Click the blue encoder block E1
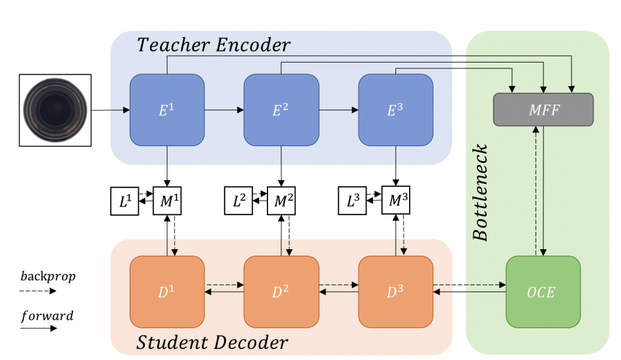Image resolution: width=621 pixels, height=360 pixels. [x=167, y=110]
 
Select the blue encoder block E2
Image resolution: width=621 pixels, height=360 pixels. [x=281, y=110]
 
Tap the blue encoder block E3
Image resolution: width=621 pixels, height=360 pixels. [x=395, y=110]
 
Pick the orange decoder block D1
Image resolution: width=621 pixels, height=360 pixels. [x=167, y=292]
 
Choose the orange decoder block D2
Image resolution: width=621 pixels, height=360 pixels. [x=281, y=292]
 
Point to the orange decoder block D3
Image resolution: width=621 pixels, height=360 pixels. [x=395, y=292]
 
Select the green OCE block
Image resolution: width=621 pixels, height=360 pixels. [x=543, y=292]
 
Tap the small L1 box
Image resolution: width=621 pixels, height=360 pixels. [x=124, y=202]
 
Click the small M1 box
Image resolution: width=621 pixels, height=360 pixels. [x=167, y=202]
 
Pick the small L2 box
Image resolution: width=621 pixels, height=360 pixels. [x=239, y=202]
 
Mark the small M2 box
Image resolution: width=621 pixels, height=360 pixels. [x=281, y=202]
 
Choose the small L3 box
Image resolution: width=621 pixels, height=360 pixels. [x=352, y=202]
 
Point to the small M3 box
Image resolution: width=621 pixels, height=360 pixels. [x=395, y=202]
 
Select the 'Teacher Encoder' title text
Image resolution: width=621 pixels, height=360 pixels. [x=213, y=46]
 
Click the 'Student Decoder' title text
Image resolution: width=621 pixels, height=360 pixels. [x=213, y=342]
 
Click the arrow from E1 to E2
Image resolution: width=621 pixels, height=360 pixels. [x=224, y=110]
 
